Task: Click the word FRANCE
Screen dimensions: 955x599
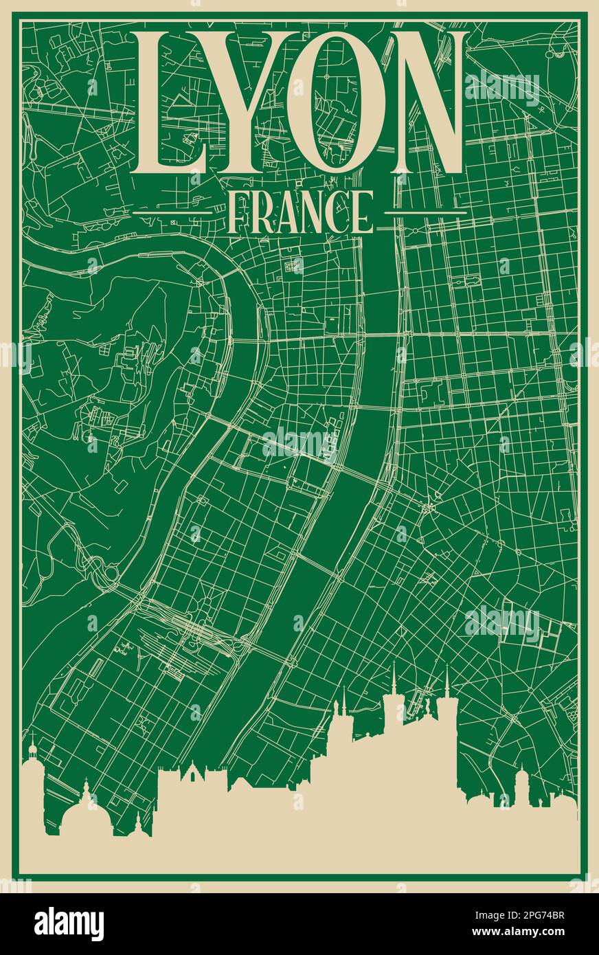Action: [x=299, y=212]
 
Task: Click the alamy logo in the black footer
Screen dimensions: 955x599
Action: [x=69, y=924]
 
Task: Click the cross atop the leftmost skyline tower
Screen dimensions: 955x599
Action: [x=32, y=738]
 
